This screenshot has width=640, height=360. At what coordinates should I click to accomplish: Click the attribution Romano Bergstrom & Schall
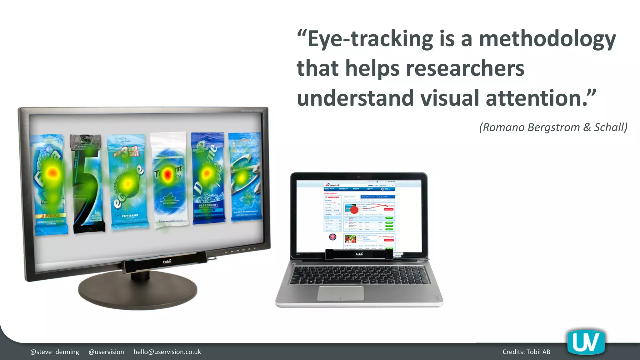coord(553,127)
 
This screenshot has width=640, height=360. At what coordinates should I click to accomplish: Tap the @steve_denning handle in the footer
coord(54,352)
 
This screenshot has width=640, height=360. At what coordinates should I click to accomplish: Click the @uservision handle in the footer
coord(106,352)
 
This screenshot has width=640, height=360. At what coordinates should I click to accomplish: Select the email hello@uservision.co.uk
coord(167,352)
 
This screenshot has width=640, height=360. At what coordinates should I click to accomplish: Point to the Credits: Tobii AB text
coord(526,352)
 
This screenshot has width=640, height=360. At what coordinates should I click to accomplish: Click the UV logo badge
coord(586,342)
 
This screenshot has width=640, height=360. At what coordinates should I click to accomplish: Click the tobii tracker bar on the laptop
coord(359,254)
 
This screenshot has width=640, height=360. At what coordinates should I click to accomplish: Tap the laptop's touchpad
coord(341,293)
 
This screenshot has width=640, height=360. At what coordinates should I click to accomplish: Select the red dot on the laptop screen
coord(354,210)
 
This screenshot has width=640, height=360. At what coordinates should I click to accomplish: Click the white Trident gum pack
coord(169,180)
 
